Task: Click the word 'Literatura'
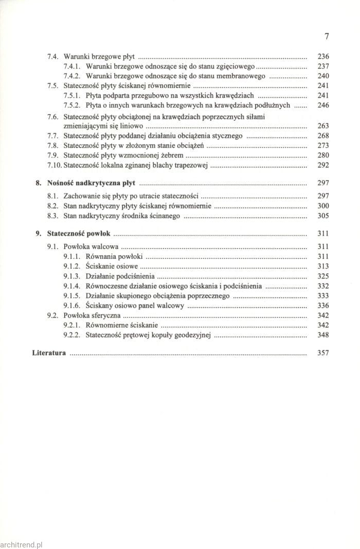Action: [x=49, y=353]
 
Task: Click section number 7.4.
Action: [x=53, y=56]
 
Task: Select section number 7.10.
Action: [x=54, y=165]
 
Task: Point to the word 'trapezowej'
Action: [x=191, y=165]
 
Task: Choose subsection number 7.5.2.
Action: [x=73, y=105]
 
